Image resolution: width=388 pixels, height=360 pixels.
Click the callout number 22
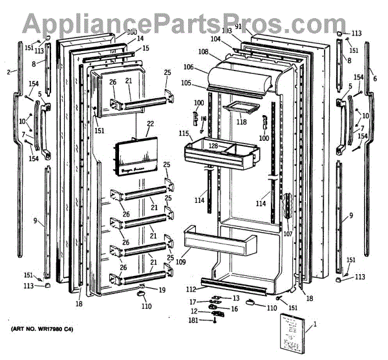[151, 123]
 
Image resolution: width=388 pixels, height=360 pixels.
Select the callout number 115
[184, 133]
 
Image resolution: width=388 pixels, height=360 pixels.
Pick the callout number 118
[241, 122]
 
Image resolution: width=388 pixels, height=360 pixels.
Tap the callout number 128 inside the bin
[213, 147]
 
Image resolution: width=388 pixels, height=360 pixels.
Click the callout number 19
[162, 290]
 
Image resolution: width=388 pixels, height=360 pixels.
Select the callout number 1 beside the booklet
[315, 324]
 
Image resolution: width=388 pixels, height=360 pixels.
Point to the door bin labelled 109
[220, 242]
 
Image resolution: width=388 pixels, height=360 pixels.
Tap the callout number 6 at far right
[374, 72]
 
